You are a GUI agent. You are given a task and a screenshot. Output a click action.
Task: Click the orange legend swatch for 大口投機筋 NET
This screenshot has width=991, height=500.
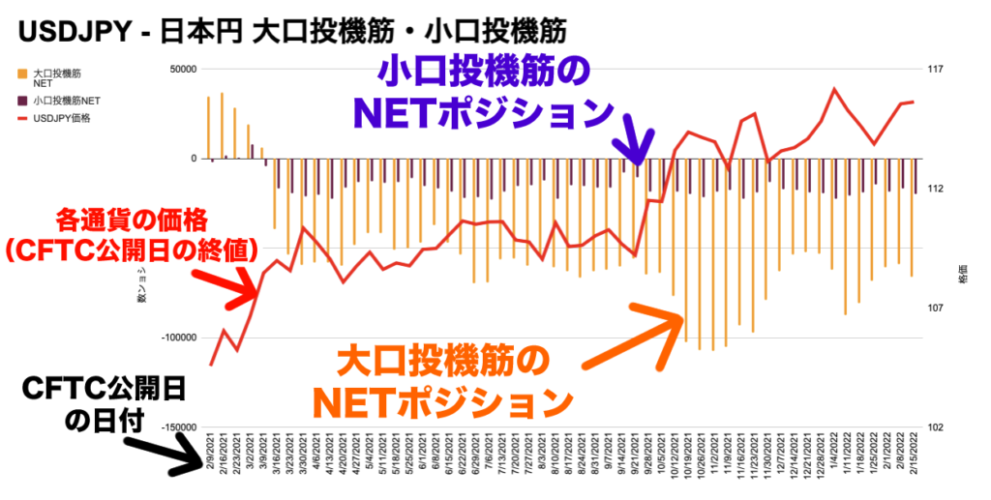coord(21,73)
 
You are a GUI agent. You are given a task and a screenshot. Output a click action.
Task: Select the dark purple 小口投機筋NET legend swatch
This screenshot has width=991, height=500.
coord(21,100)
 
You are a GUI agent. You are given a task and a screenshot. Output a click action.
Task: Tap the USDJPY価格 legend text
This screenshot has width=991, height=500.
coord(61,118)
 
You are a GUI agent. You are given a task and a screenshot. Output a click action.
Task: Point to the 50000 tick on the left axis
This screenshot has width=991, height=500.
coord(182,70)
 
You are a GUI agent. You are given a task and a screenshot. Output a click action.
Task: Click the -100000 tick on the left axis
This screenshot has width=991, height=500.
coord(178,338)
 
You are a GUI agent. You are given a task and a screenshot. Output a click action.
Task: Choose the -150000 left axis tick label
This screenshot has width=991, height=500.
coord(178,426)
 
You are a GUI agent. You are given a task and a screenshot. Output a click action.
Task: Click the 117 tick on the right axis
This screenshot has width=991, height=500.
coord(934,70)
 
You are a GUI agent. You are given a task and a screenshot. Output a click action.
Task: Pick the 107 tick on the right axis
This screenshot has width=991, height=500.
coord(934,308)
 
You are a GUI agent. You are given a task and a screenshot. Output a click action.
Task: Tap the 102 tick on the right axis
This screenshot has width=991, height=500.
coord(934,426)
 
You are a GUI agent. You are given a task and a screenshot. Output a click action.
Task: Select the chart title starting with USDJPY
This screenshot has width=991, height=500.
coord(290,32)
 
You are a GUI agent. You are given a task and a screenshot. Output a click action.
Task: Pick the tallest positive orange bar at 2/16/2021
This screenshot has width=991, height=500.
coord(222,126)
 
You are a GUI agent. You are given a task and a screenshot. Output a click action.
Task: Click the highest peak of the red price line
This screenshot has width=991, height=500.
coord(834,89)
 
